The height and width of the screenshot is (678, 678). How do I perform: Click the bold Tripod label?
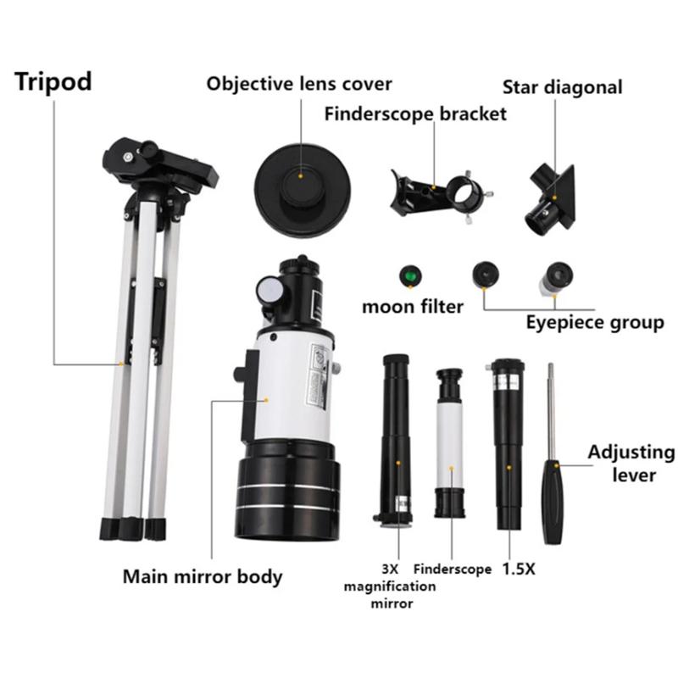[53, 82]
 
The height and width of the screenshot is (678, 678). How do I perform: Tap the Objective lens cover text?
[299, 84]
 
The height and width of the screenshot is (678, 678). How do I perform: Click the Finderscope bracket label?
[415, 114]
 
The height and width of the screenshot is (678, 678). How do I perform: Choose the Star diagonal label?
[562, 87]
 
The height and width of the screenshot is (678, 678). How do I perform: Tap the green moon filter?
[409, 277]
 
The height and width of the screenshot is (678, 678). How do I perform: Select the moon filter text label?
[413, 306]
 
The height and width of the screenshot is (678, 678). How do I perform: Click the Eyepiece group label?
[595, 323]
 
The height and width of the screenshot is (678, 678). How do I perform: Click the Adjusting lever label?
[631, 463]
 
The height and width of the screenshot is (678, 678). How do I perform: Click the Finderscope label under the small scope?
[453, 570]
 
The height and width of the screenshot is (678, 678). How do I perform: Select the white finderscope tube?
[449, 445]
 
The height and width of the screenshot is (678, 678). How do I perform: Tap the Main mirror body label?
[203, 577]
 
